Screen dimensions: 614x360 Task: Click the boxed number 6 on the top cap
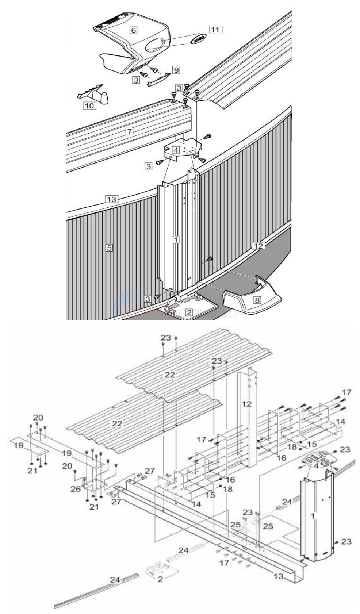tap(133, 30)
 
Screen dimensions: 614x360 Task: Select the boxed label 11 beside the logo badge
tap(215, 30)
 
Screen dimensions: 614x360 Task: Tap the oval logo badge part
tap(198, 40)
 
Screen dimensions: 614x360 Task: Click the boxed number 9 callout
tap(176, 69)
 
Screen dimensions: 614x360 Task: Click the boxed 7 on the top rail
tap(129, 131)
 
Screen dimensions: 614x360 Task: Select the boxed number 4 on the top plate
tap(176, 150)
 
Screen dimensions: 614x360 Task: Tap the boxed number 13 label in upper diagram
tap(111, 199)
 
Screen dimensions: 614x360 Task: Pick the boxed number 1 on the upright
tap(176, 240)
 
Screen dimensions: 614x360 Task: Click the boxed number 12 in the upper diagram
tap(258, 246)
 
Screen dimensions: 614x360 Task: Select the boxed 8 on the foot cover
tap(257, 300)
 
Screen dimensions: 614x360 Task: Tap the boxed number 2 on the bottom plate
tap(189, 312)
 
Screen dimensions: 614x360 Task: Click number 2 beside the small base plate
tap(160, 579)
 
